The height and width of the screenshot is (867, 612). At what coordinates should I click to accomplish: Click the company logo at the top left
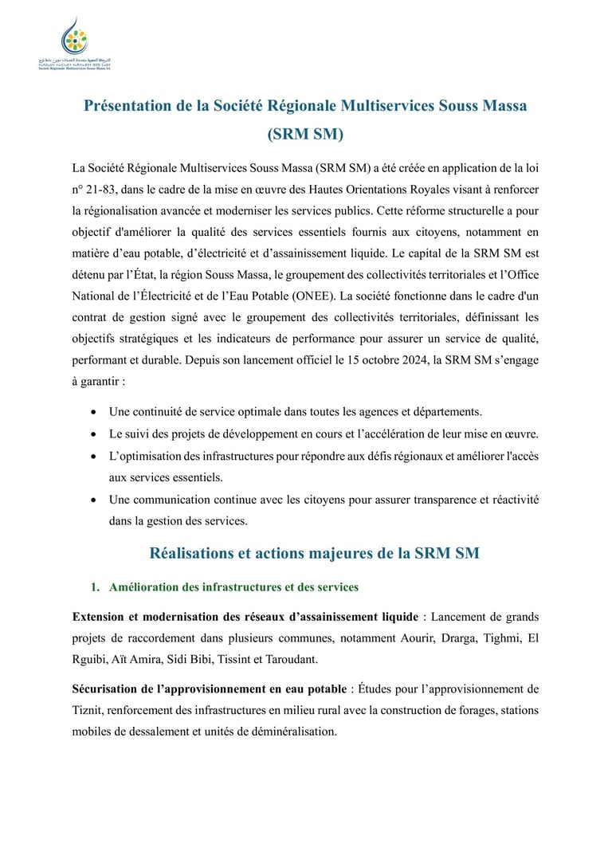coord(74,45)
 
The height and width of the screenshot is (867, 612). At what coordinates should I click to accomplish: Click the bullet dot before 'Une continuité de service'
coord(95,413)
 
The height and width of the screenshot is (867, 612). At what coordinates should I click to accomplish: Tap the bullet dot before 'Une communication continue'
coord(95,500)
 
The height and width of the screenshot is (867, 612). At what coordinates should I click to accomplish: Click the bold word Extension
coord(101,617)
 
